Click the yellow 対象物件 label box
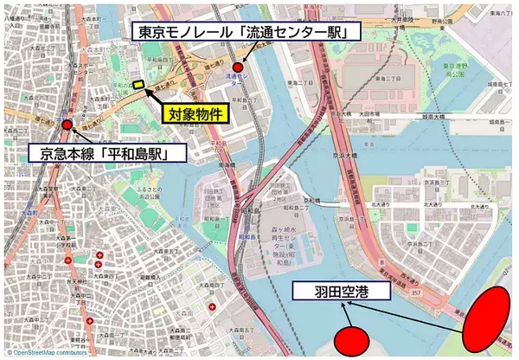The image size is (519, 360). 195,112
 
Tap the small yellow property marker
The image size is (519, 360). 138,84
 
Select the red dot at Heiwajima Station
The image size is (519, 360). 67,125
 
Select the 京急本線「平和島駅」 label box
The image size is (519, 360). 103,155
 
